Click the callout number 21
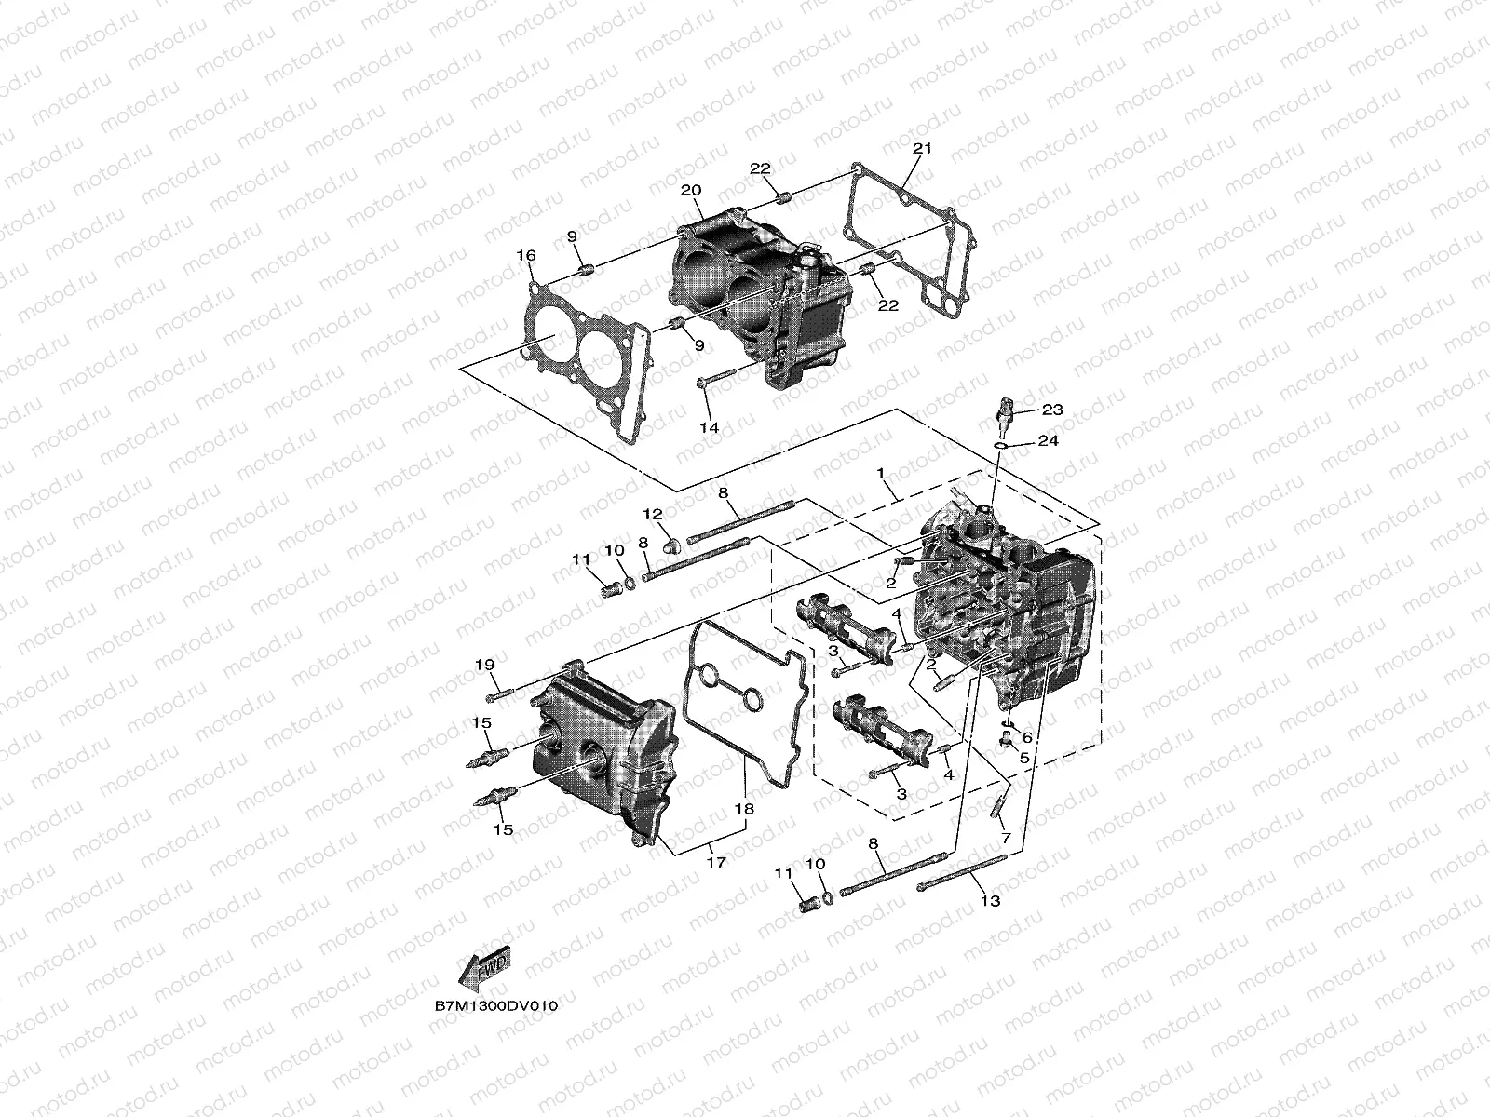922,149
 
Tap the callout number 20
690,191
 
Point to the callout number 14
710,427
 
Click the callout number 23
1052,410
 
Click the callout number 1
880,475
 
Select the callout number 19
484,665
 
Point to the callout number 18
743,811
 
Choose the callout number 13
990,901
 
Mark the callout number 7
1005,838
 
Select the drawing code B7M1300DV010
495,1006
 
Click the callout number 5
1025,759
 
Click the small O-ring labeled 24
999,447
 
